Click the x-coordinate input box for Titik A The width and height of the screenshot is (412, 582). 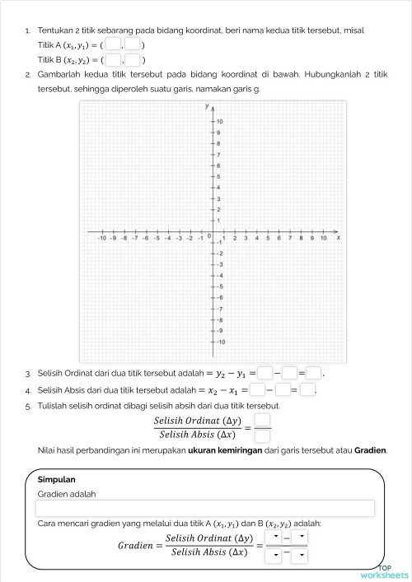click(x=114, y=44)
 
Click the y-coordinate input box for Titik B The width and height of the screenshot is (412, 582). click(x=133, y=59)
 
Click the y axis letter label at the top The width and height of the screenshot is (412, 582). click(x=206, y=107)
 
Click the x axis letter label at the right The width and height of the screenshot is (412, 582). click(x=339, y=237)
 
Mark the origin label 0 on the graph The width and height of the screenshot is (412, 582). click(x=208, y=237)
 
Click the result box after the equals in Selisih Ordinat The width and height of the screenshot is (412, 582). click(x=314, y=374)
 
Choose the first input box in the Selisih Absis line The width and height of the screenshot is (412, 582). click(x=257, y=389)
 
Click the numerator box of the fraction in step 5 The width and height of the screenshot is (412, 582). click(x=262, y=420)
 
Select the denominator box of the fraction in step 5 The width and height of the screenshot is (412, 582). click(x=262, y=435)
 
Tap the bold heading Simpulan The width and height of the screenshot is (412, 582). click(x=57, y=478)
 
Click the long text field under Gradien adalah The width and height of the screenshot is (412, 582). click(x=206, y=509)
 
